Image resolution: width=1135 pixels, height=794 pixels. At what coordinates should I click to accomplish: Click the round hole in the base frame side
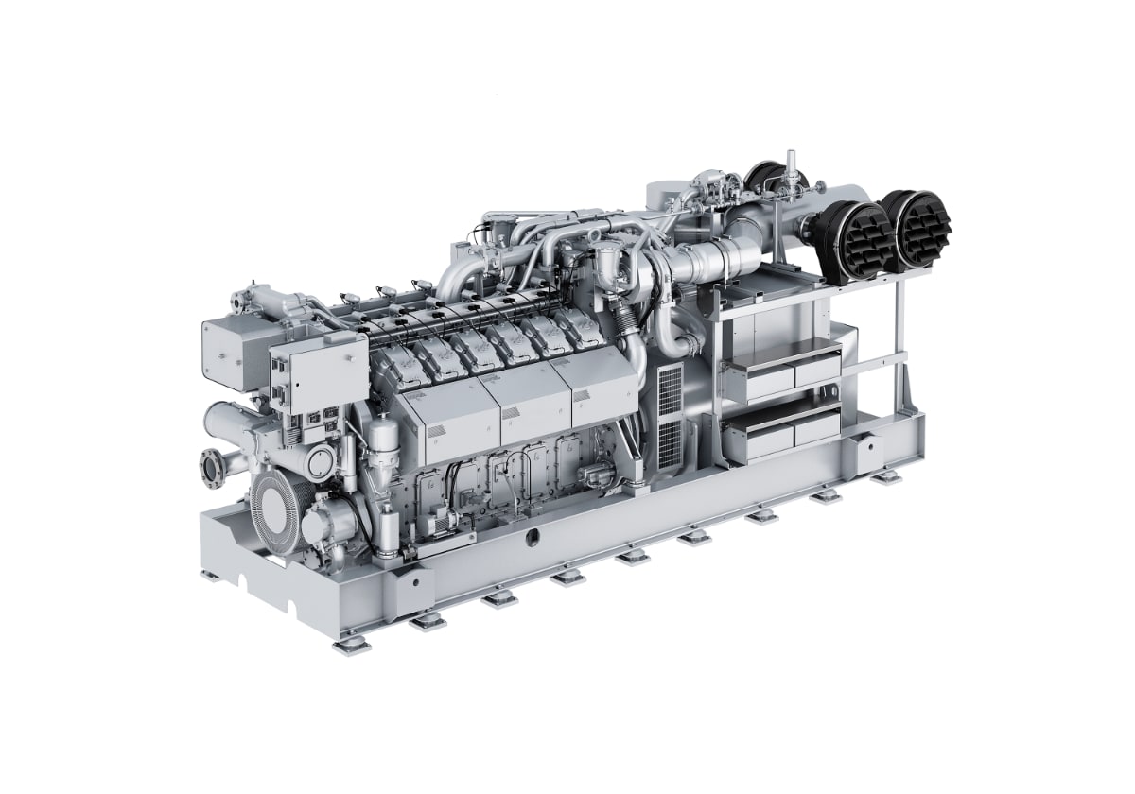533,539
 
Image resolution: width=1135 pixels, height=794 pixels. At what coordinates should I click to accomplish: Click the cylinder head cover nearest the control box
390,359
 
